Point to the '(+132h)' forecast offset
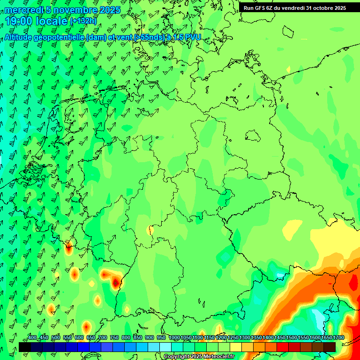pyautogui.click(x=83, y=21)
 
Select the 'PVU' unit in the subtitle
pyautogui.click(x=192, y=37)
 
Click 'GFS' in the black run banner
pyautogui.click(x=260, y=8)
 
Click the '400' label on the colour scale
pyautogui.click(x=32, y=338)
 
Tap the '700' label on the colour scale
pyautogui.click(x=103, y=338)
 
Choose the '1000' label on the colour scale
pyautogui.click(x=174, y=338)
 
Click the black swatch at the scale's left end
pyautogui.click(x=25, y=347)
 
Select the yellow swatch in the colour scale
pyautogui.click(x=236, y=347)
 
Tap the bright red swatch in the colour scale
pyautogui.click(x=283, y=347)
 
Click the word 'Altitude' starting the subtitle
pyautogui.click(x=18, y=37)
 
